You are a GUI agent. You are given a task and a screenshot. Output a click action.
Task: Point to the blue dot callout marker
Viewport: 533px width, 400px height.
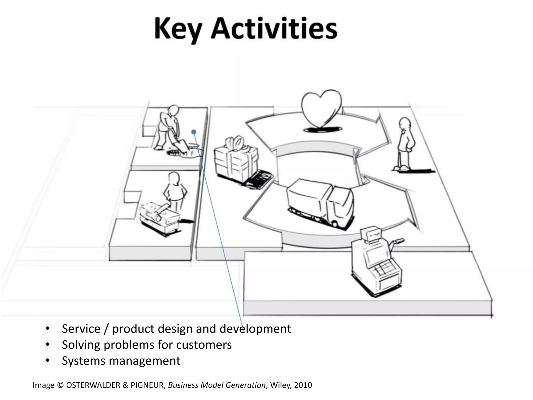coord(194,132)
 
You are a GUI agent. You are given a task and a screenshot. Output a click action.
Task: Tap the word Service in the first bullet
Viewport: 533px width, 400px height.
coord(81,329)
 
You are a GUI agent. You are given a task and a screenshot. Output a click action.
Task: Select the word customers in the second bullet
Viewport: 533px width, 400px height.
coord(204,345)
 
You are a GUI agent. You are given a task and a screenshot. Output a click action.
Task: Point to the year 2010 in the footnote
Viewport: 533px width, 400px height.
coord(303,385)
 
